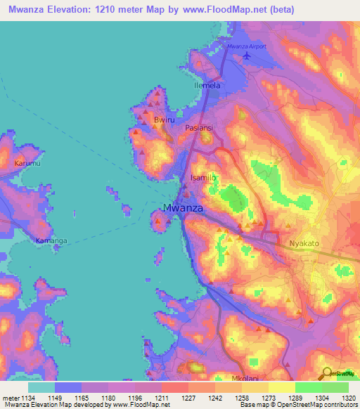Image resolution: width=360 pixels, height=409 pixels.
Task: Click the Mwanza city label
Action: [184, 208]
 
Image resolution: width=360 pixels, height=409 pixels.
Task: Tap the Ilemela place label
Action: [207, 86]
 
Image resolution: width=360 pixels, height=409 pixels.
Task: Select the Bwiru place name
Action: [163, 121]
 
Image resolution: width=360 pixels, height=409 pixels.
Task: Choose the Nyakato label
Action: [304, 243]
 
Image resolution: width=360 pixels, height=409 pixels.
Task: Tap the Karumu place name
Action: [28, 163]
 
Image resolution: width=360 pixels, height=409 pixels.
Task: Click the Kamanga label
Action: [51, 241]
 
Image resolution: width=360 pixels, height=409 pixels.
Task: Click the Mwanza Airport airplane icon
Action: [245, 56]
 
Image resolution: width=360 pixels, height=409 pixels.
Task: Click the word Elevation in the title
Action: [82, 10]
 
